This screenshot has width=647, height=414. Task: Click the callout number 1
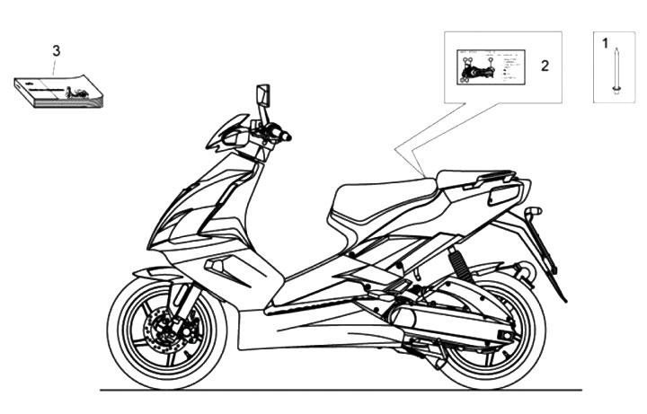(605, 42)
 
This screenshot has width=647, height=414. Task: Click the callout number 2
(544, 66)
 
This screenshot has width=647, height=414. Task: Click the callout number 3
(56, 50)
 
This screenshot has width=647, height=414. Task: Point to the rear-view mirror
(263, 94)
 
